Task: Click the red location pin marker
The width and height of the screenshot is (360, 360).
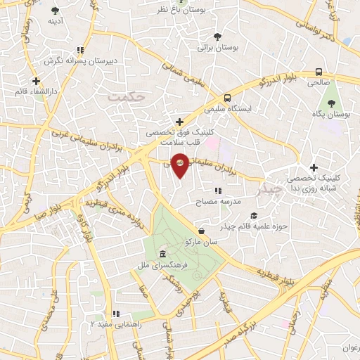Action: point(180,164)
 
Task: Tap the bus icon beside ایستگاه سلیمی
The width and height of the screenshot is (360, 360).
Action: point(227,98)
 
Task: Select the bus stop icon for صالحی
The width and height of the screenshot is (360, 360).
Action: point(319,71)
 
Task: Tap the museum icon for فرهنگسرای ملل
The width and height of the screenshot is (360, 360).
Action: point(162,253)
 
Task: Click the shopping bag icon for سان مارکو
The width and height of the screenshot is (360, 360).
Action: point(202,230)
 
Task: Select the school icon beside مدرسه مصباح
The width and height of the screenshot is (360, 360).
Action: point(217,190)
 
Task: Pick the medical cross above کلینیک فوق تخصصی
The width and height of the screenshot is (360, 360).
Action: point(180,121)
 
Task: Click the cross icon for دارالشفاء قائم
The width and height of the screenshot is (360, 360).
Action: point(35,81)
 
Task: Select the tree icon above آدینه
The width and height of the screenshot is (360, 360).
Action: point(56,11)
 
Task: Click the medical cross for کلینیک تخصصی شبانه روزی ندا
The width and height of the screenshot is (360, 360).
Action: point(314,167)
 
